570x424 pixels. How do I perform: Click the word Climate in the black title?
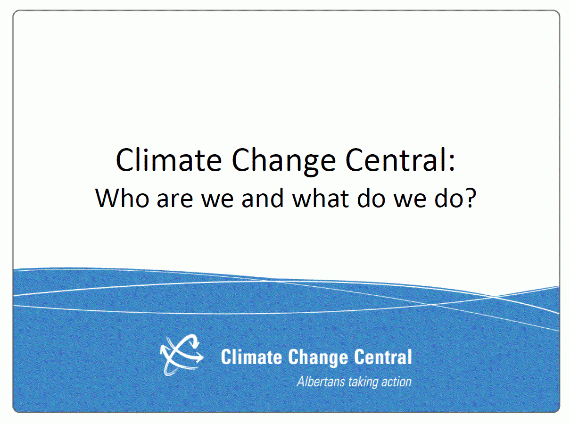point(168,160)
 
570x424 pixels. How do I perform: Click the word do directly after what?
point(370,198)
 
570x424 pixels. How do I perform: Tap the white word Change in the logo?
point(317,357)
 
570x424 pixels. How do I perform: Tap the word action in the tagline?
point(396,381)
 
